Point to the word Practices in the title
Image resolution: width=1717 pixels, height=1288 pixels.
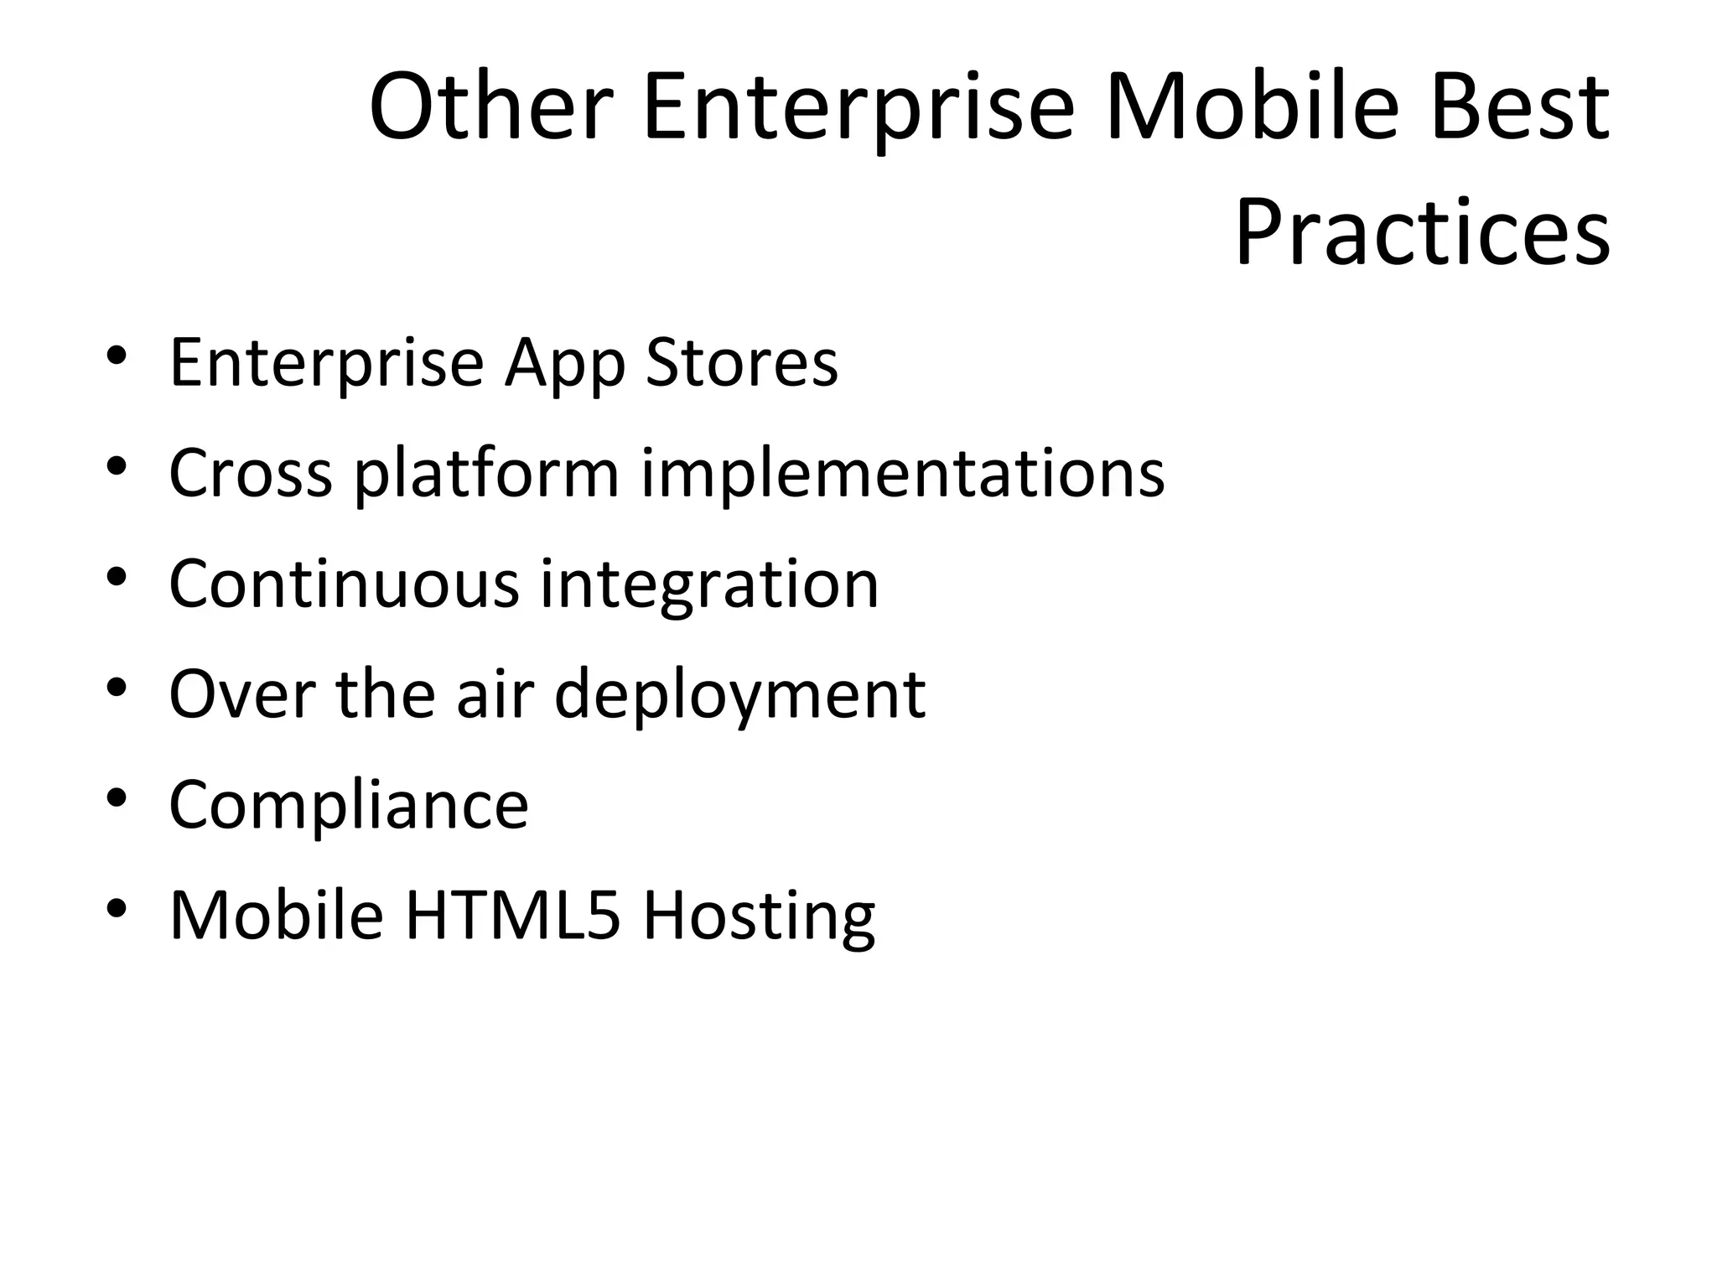point(1422,231)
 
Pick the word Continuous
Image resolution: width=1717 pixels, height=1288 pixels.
point(344,584)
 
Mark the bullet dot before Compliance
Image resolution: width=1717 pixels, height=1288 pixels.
point(117,797)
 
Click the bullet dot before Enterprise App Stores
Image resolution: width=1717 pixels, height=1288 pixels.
point(117,355)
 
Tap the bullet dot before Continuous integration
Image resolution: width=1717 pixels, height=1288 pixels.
point(117,576)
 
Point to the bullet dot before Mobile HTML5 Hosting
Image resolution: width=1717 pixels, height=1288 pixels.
point(117,908)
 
